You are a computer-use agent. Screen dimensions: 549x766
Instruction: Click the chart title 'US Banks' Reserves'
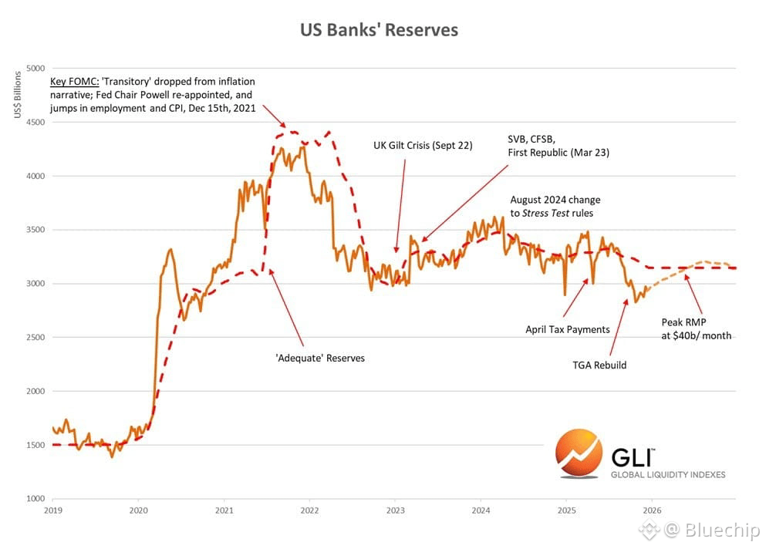pos(379,30)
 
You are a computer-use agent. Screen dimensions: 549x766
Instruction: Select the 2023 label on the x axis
pos(395,510)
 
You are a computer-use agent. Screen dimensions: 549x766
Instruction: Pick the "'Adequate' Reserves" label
pos(319,358)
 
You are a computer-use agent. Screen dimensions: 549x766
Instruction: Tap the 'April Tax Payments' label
pos(568,329)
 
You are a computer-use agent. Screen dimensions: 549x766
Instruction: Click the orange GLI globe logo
pos(578,456)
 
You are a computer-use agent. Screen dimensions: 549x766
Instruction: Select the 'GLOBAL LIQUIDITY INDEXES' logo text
pos(668,475)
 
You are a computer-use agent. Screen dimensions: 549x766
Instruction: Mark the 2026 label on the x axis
pos(652,510)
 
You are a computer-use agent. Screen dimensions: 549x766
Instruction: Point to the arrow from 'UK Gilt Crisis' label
pos(401,201)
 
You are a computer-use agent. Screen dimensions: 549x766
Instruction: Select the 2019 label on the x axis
pos(53,510)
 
